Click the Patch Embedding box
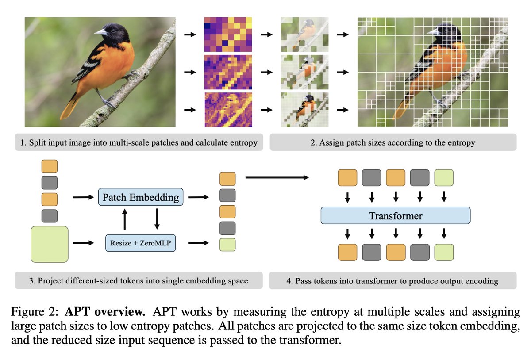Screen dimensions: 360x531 [x=141, y=197]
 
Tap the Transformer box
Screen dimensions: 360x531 [x=395, y=216]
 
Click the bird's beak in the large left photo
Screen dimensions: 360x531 [x=100, y=32]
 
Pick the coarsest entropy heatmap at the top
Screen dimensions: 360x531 [x=227, y=34]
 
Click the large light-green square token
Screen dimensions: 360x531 [x=49, y=244]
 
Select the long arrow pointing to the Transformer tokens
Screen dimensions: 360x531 [x=277, y=177]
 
